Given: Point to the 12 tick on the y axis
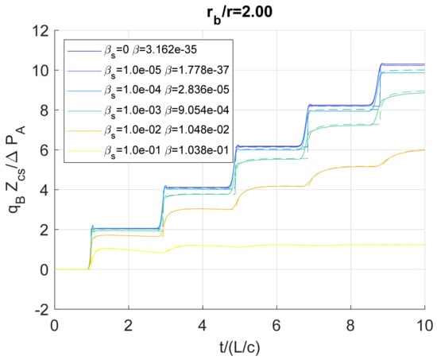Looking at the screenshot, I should click(x=41, y=31).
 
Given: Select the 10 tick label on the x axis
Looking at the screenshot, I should click(x=424, y=324).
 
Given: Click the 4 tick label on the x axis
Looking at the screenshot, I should click(x=202, y=324).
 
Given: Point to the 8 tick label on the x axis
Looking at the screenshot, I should click(x=350, y=324).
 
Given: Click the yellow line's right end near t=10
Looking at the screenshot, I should click(x=423, y=244).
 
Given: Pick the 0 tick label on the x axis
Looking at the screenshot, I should click(x=54, y=324).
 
